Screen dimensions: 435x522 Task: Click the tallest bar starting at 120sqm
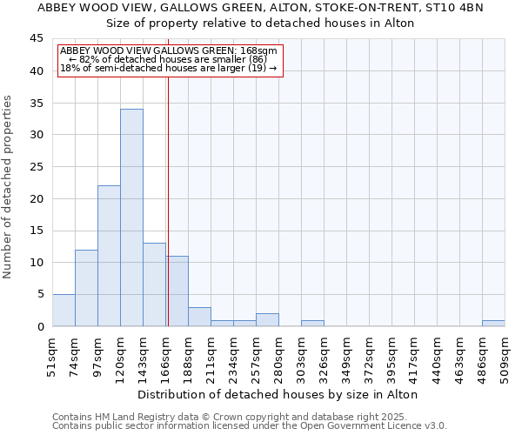point(131,217)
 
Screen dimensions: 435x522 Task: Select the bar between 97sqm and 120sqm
point(109,256)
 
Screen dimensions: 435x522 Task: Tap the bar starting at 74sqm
point(86,288)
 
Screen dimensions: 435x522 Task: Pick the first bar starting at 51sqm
point(64,311)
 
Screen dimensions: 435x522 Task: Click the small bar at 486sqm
point(493,324)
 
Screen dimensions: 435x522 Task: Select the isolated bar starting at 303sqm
point(312,324)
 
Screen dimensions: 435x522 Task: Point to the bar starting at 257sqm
point(267,320)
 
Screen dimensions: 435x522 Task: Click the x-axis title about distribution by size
point(278,394)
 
